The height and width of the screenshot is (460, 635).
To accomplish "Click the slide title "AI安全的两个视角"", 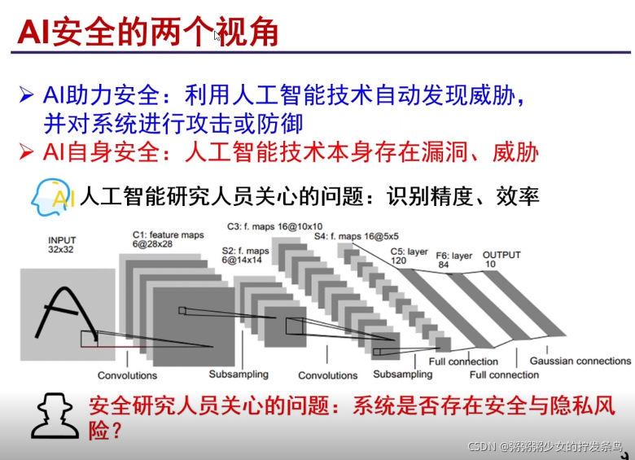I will (x=148, y=33).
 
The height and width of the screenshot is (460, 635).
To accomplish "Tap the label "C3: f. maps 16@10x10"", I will (x=274, y=226).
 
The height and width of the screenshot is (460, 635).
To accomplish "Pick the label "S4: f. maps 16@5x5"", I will (x=349, y=237).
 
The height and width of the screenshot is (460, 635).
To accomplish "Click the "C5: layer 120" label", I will (x=409, y=255).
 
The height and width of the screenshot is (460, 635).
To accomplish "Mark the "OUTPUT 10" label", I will (x=501, y=260).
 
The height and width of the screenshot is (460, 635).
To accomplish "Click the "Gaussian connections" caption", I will (x=580, y=361).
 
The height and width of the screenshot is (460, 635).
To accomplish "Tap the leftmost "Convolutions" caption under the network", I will (x=127, y=375).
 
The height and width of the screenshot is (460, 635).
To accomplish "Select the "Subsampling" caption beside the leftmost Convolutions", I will (x=238, y=375).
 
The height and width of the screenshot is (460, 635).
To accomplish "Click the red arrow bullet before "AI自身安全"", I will (x=28, y=152).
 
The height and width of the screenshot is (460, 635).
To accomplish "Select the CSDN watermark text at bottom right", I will (x=545, y=447).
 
